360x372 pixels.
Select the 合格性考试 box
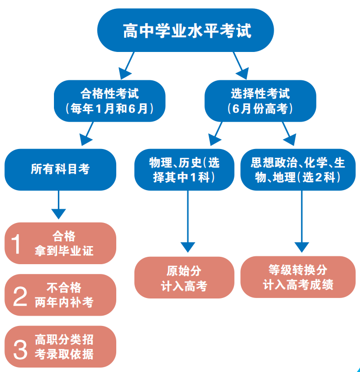[x=109, y=101]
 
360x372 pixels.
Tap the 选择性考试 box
[x=260, y=101]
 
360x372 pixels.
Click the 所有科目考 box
[x=60, y=170]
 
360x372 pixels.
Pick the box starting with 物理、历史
[x=184, y=170]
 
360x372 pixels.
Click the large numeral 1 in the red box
[x=17, y=244]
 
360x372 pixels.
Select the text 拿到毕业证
[x=64, y=251]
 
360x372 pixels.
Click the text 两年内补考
[x=64, y=302]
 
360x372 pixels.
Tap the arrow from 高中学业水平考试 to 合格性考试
[x=127, y=63]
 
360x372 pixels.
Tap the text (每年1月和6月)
[x=109, y=108]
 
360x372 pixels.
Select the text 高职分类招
[x=64, y=340]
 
